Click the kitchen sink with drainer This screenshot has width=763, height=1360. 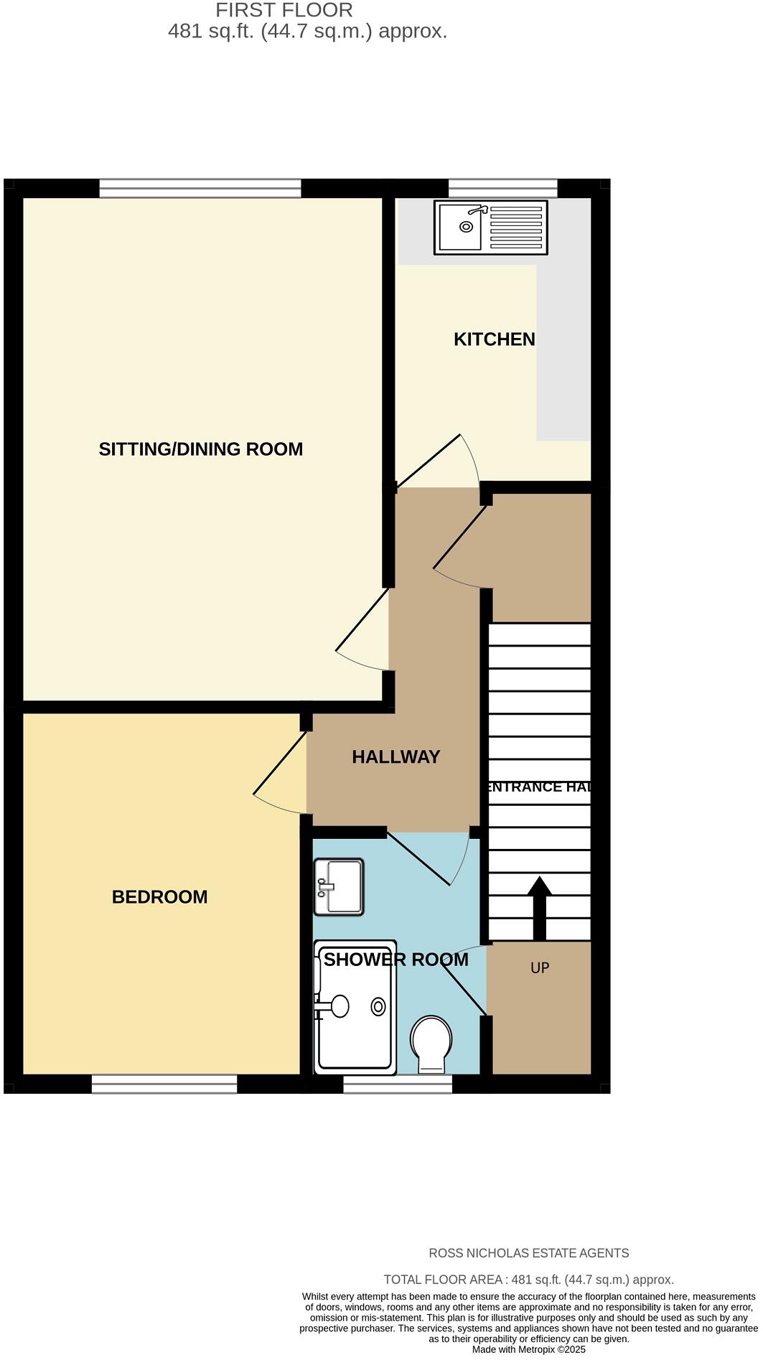[490, 228]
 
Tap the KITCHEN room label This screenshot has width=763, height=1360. [494, 339]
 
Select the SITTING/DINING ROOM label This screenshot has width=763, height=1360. [201, 449]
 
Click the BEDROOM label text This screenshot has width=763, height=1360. [159, 897]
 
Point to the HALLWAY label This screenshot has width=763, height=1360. [395, 757]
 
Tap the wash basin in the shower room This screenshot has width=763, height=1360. [339, 887]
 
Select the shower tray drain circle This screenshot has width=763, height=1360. [378, 1007]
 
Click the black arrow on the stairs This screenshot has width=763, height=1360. [539, 908]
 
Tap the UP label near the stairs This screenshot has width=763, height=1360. [540, 968]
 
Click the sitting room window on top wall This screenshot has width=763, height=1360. [200, 188]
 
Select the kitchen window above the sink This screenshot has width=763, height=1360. [502, 188]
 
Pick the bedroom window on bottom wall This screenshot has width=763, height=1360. [164, 1084]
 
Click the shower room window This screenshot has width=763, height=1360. [398, 1084]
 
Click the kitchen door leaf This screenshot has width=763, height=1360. [429, 461]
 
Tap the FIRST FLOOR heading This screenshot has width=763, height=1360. [284, 11]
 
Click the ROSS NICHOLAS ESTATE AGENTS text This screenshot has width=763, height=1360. [528, 1253]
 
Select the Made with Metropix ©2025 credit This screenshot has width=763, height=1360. [528, 1349]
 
